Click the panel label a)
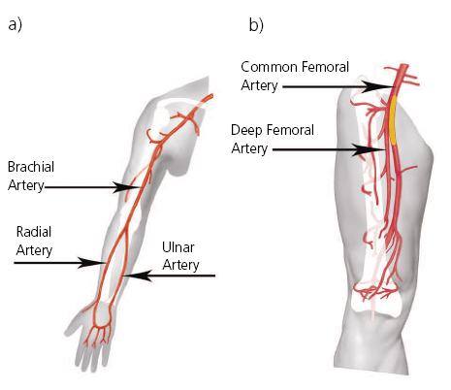[16, 24]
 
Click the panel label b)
[256, 24]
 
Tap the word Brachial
[31, 167]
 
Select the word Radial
[34, 232]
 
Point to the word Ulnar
[178, 247]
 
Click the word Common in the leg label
[269, 67]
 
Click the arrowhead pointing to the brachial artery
[125, 187]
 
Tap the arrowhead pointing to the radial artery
[90, 262]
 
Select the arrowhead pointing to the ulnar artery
[137, 276]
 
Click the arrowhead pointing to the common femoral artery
[377, 86]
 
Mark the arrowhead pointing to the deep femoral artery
[369, 149]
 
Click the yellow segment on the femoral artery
[393, 120]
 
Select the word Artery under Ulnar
[180, 266]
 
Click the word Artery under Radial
[34, 250]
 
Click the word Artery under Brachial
[26, 186]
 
